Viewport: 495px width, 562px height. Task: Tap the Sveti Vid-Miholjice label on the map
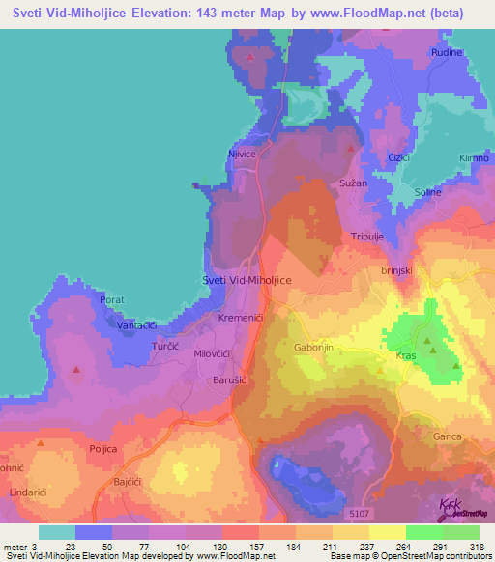point(247,279)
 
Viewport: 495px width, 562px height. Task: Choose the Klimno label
point(475,157)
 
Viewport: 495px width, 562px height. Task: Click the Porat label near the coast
point(113,300)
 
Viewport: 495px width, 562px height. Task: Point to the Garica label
point(447,437)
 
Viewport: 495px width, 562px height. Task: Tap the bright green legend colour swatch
point(423,532)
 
